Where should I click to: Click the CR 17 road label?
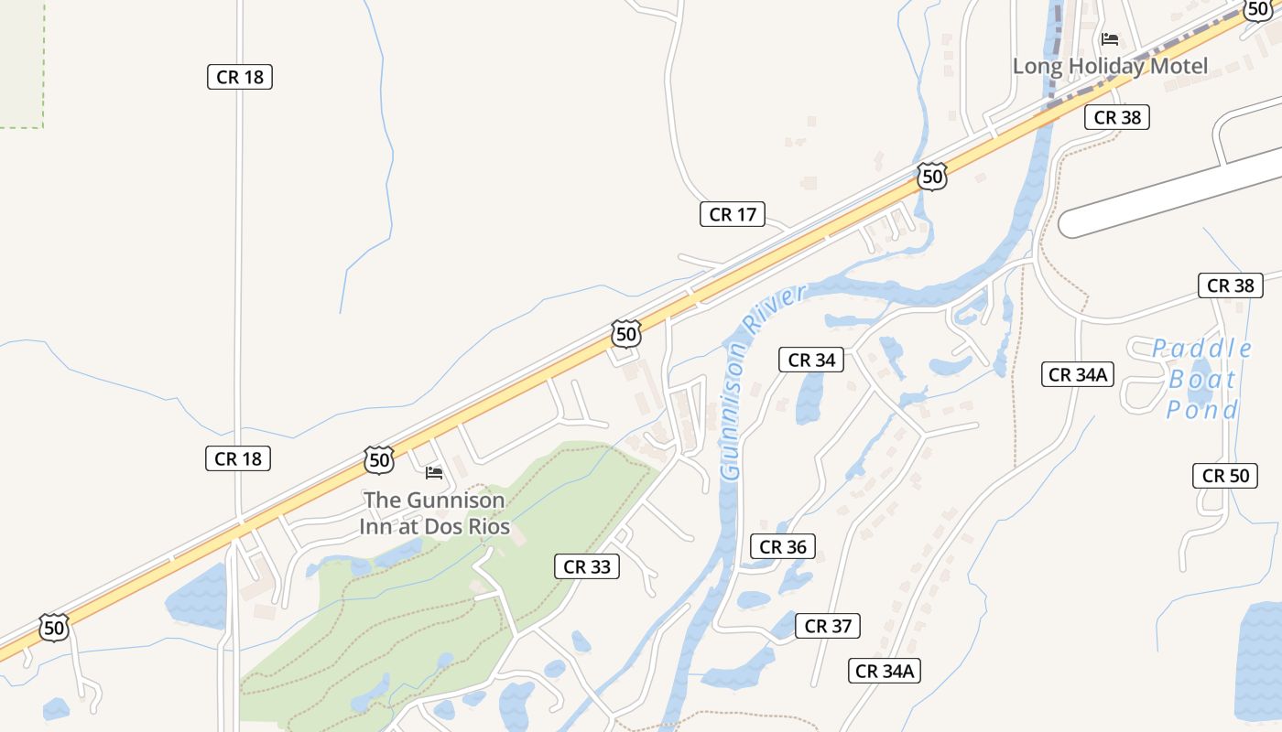click(733, 214)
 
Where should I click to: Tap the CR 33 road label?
click(587, 566)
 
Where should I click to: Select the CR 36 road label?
click(783, 546)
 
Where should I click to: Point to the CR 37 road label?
click(828, 626)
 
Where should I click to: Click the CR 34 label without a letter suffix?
click(811, 360)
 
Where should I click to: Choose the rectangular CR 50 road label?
click(1225, 475)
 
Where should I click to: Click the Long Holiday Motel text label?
click(1110, 66)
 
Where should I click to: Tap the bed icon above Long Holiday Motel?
click(1110, 39)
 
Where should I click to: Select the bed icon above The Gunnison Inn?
click(434, 473)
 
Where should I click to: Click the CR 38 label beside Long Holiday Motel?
click(1116, 117)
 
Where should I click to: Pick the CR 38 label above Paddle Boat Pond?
click(1230, 285)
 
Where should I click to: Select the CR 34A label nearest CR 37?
click(884, 671)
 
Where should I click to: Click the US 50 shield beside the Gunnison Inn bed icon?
click(379, 459)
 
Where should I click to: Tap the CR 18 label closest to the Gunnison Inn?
click(238, 458)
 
